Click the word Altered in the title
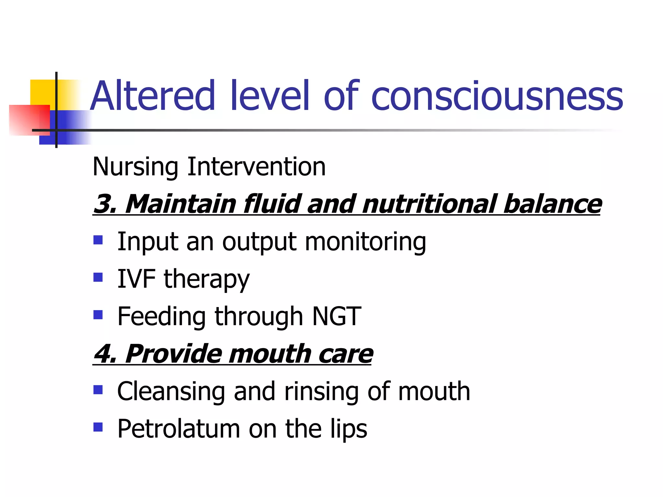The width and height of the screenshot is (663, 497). (x=152, y=96)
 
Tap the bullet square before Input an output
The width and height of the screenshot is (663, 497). (x=98, y=240)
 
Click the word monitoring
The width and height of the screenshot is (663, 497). (x=365, y=242)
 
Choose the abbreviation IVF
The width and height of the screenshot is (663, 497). (x=136, y=279)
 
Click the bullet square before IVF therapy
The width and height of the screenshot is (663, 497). (x=98, y=277)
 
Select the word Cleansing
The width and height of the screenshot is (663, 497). (x=171, y=392)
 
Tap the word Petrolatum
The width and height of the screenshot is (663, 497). (x=178, y=429)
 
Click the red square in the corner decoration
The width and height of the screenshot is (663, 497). (x=29, y=120)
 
